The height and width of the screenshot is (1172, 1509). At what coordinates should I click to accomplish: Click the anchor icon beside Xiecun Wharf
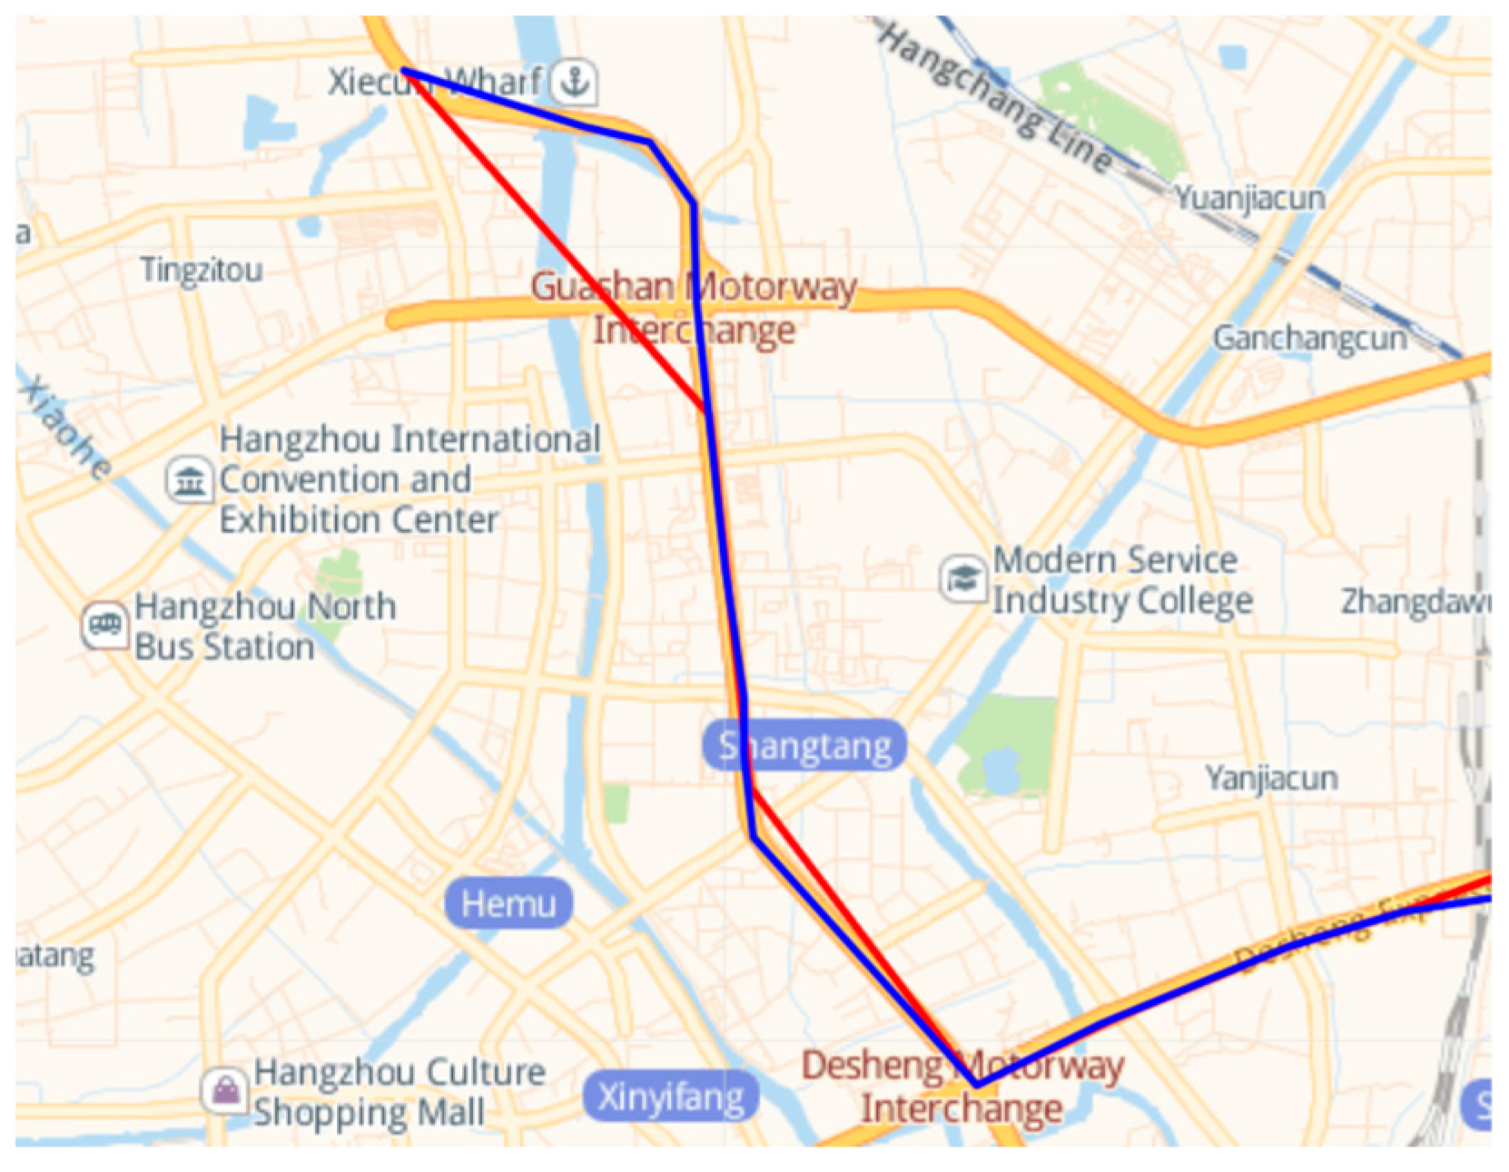pyautogui.click(x=574, y=82)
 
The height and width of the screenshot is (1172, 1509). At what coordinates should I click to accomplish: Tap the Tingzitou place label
pyautogui.click(x=202, y=270)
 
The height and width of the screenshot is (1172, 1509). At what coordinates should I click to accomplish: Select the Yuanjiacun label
pyautogui.click(x=1250, y=198)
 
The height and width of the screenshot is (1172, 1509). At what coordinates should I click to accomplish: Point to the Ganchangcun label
pyautogui.click(x=1310, y=339)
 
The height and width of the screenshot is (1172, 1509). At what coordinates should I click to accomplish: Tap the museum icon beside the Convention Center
pyautogui.click(x=190, y=479)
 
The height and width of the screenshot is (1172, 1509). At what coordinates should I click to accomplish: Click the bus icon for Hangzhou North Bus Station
pyautogui.click(x=105, y=625)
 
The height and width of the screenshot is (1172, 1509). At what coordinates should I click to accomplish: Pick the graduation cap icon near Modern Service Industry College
pyautogui.click(x=963, y=578)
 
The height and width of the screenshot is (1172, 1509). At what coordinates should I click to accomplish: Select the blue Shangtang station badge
pyautogui.click(x=804, y=746)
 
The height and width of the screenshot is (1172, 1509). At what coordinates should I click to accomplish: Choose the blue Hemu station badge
pyautogui.click(x=508, y=903)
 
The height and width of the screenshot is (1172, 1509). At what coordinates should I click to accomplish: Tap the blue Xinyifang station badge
pyautogui.click(x=671, y=1097)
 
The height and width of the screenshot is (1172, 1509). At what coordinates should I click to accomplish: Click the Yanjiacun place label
pyautogui.click(x=1271, y=778)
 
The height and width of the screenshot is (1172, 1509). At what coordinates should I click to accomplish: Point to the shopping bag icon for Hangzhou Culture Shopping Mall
pyautogui.click(x=225, y=1090)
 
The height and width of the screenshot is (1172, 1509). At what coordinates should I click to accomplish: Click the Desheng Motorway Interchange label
pyautogui.click(x=962, y=1087)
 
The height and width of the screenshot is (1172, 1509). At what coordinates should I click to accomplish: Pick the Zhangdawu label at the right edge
pyautogui.click(x=1415, y=601)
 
